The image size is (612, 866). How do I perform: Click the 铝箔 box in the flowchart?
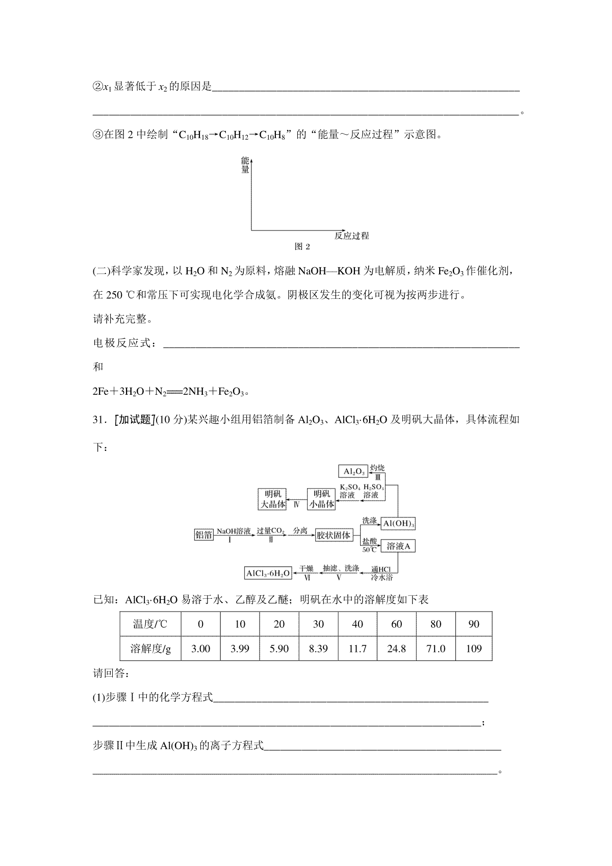[203, 534]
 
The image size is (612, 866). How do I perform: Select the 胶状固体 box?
[334, 535]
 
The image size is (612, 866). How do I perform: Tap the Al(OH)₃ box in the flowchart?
[398, 524]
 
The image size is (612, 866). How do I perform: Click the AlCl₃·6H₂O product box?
[268, 573]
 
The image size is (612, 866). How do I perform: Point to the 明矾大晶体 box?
[273, 499]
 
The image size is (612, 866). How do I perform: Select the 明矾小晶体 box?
[322, 499]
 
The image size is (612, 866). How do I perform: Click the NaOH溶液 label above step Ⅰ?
[234, 531]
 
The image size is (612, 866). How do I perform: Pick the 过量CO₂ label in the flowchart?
[270, 531]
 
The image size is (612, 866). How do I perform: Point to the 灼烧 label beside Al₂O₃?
[377, 468]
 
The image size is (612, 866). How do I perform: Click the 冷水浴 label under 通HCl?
[382, 577]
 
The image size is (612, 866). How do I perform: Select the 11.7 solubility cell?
[358, 649]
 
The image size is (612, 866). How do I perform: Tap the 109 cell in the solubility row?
[474, 649]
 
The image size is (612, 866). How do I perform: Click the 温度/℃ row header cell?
[150, 624]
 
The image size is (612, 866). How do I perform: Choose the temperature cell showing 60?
[396, 624]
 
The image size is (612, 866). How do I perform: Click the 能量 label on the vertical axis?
[245, 165]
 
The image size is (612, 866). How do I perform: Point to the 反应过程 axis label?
[351, 236]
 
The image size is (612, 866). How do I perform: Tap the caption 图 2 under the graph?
[302, 247]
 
